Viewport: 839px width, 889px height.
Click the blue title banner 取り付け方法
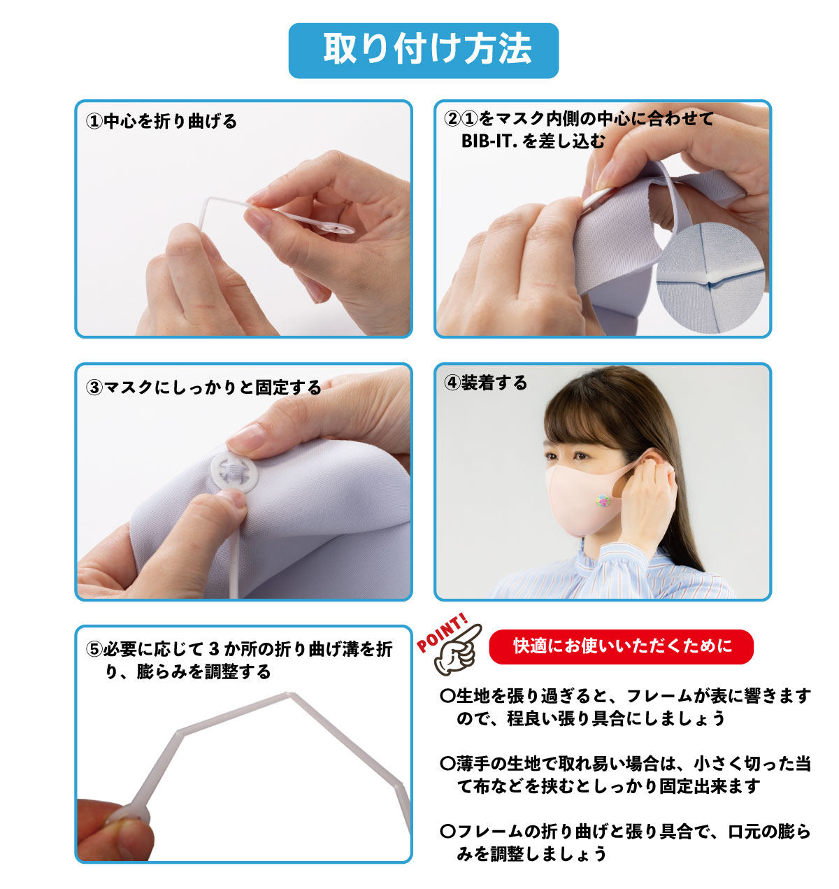click(x=423, y=50)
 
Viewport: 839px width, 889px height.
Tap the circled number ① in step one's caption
click(x=94, y=121)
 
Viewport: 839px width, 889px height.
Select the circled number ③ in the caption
click(x=94, y=387)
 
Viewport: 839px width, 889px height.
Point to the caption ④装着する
click(x=485, y=383)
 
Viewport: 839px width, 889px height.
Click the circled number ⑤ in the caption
click(x=94, y=649)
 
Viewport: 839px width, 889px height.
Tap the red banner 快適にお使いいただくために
click(x=621, y=646)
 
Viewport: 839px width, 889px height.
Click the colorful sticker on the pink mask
click(x=603, y=500)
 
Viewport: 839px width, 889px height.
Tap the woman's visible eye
click(x=581, y=456)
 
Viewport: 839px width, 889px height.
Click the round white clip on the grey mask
click(x=234, y=473)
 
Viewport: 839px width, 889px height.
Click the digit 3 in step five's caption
click(x=215, y=649)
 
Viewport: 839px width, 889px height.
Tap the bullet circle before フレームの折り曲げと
click(x=447, y=831)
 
